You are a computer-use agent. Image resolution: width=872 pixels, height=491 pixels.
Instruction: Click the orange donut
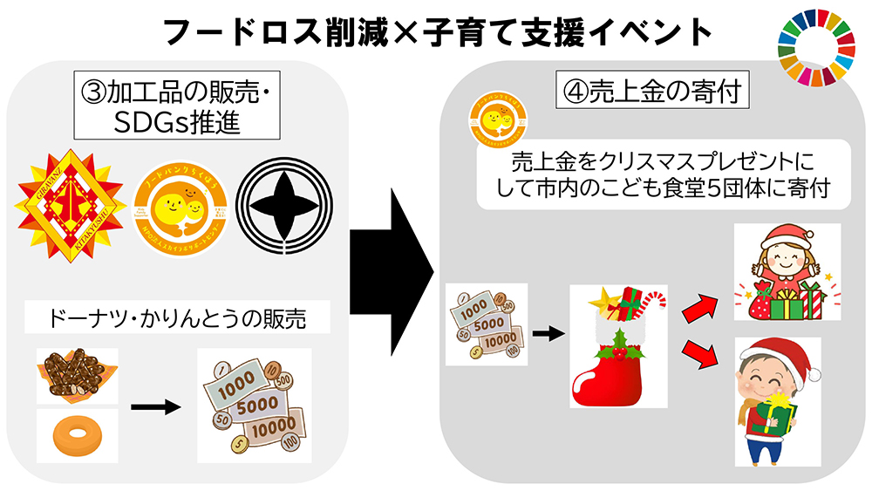click(77, 436)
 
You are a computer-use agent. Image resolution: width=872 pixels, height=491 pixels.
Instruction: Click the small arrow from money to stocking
click(546, 332)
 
